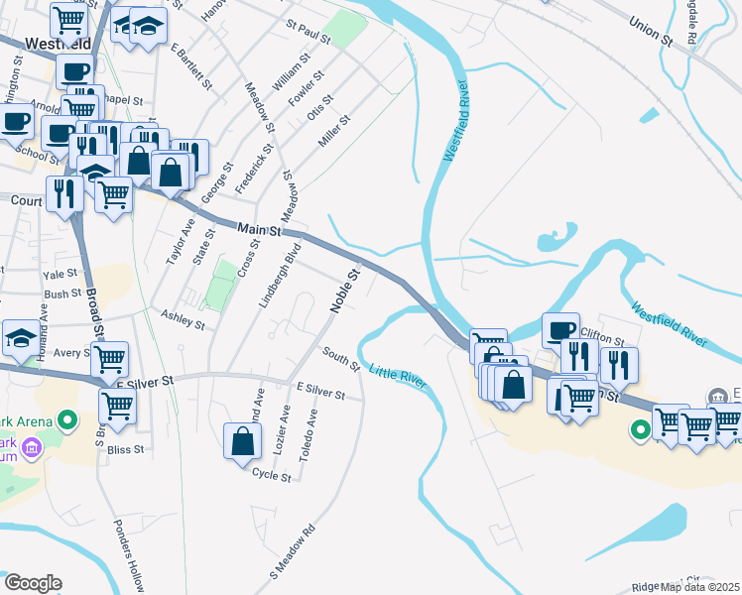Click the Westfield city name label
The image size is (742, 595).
pos(47,45)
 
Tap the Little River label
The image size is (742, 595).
pos(398,377)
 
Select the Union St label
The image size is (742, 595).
pos(650,31)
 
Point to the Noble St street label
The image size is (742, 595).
pos(344,291)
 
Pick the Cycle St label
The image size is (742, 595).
pos(272,475)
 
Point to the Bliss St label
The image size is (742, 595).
pos(125,449)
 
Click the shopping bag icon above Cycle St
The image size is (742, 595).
pos(243,441)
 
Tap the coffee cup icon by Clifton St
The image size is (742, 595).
pos(560,330)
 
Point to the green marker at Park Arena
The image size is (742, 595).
pos(67,422)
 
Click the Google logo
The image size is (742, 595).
pos(33,583)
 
